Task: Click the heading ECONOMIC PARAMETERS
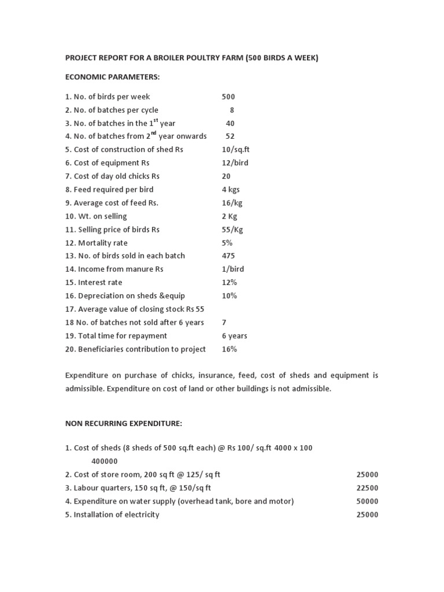(x=112, y=77)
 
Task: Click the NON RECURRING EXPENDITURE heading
(x=124, y=424)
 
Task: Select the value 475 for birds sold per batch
(x=228, y=256)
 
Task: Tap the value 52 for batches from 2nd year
(x=230, y=136)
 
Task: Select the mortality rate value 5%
(x=227, y=243)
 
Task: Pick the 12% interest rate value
(x=230, y=282)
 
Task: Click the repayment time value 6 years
(x=235, y=335)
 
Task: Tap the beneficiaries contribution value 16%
(x=230, y=349)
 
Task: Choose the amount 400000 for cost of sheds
(x=105, y=461)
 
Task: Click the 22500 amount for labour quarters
(x=367, y=488)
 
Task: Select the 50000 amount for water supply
(x=367, y=501)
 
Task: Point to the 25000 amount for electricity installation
(x=367, y=515)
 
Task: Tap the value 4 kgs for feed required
(x=231, y=189)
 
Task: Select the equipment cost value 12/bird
(x=235, y=163)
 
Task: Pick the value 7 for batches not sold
(x=224, y=322)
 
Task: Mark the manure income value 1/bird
(x=233, y=269)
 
